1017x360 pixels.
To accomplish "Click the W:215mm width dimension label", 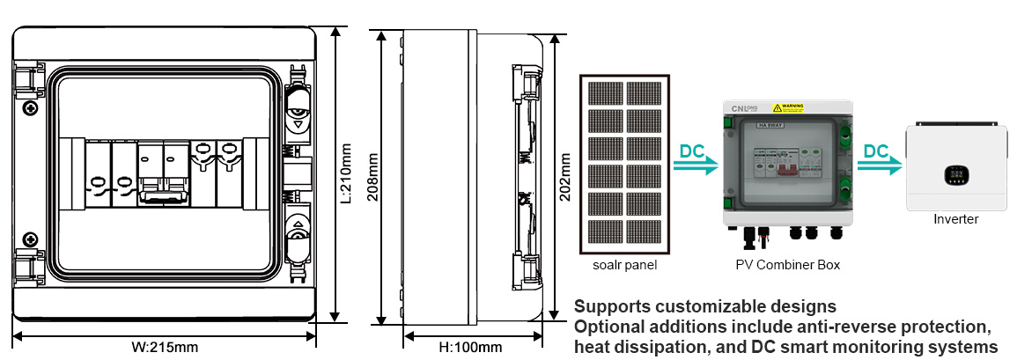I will point(165,347).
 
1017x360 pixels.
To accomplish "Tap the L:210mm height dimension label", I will point(347,173).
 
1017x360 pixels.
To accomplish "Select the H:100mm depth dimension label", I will point(470,347).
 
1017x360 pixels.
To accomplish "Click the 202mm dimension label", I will point(565,176).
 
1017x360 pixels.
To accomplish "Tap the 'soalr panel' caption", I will point(624,264).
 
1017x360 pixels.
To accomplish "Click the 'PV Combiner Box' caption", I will point(787,264).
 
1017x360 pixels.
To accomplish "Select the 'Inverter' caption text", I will point(955,219).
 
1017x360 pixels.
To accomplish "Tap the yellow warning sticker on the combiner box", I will point(788,107).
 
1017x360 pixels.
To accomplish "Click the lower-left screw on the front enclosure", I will point(31,239).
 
